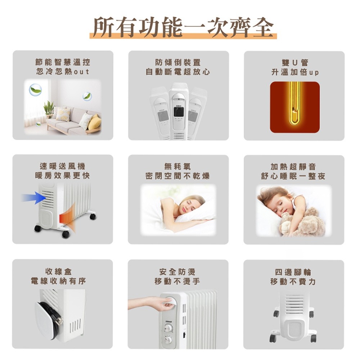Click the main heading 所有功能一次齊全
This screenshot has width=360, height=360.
coord(183,27)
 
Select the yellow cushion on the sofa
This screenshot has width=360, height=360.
coord(95,122)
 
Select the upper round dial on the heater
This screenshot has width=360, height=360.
coord(169,328)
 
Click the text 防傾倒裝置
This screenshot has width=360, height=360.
coord(178,62)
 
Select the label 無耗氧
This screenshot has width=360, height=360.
coord(177,166)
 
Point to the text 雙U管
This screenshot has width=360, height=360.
coord(295,63)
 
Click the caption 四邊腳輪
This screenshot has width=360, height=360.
coord(293,272)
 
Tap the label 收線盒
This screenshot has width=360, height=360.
coord(59,271)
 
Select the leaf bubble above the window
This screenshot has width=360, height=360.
coord(35,90)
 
